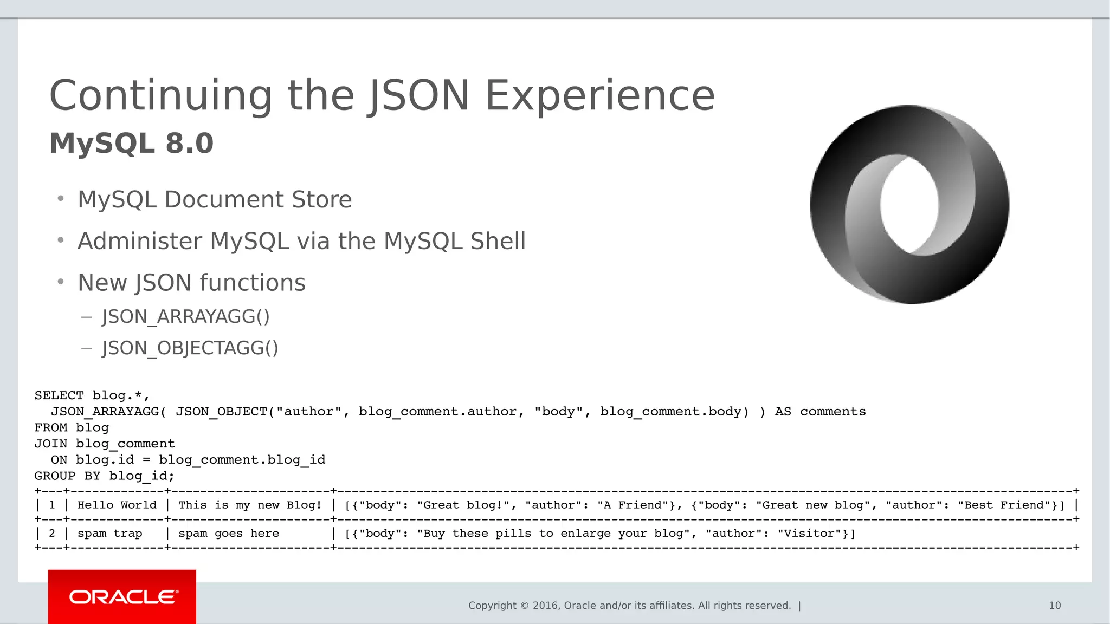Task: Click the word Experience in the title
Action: coord(599,96)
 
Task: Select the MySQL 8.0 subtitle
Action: coord(131,144)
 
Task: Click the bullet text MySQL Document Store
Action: coord(215,199)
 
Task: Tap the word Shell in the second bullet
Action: coord(498,241)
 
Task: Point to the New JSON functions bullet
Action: coord(191,283)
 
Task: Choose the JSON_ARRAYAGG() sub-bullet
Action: coord(185,316)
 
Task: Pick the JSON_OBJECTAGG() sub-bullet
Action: coord(190,348)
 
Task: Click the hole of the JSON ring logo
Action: coord(909,205)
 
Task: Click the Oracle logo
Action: coord(122,597)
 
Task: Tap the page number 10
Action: coord(1054,606)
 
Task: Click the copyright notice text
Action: coord(629,606)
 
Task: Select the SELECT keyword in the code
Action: coord(59,395)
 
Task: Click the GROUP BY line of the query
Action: coord(104,476)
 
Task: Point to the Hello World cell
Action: coord(117,505)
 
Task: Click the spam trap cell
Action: coord(109,533)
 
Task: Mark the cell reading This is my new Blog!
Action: coord(250,505)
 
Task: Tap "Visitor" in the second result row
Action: coord(810,533)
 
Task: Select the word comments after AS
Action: coord(832,412)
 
